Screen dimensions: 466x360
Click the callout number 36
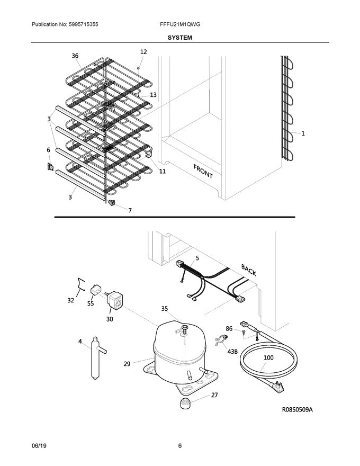click(75, 56)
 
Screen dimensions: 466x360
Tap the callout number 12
click(143, 52)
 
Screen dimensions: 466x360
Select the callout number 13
click(153, 95)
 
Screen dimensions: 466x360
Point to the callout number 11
click(162, 172)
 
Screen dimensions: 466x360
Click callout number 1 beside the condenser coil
click(303, 134)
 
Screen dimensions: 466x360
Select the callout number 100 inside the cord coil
click(269, 358)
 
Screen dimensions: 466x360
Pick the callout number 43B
click(232, 351)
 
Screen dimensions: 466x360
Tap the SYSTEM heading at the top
click(180, 38)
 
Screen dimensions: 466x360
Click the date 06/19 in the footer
click(40, 445)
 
